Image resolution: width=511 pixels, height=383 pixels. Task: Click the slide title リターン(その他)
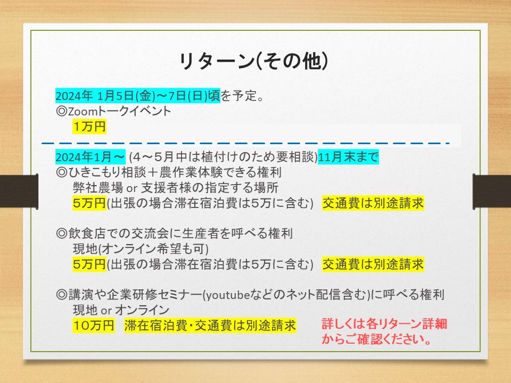253,61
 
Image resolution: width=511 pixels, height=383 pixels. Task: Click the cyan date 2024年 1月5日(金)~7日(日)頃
138,96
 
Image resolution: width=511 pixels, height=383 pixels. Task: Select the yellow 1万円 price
89,127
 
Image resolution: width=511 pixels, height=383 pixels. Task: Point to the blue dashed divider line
246,143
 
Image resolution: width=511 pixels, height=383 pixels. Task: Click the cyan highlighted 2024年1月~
90,157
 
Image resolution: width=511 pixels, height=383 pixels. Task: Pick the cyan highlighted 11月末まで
348,157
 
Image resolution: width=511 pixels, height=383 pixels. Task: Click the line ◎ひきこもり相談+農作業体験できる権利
169,172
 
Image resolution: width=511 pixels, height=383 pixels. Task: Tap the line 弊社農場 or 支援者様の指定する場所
176,188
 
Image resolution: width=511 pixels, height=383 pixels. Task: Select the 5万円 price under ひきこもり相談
89,203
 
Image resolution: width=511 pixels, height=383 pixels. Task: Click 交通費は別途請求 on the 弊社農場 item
373,203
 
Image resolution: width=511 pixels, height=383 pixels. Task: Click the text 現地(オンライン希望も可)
141,249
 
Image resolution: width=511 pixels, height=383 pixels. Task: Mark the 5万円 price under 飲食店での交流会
89,264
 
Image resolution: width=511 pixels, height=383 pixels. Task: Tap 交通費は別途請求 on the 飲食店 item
373,264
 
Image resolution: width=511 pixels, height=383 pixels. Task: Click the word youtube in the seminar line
228,295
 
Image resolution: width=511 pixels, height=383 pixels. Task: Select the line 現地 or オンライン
121,310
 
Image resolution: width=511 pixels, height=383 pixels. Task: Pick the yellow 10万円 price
94,326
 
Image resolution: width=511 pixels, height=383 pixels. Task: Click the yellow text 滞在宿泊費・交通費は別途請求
210,326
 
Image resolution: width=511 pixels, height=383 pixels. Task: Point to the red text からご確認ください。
376,339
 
